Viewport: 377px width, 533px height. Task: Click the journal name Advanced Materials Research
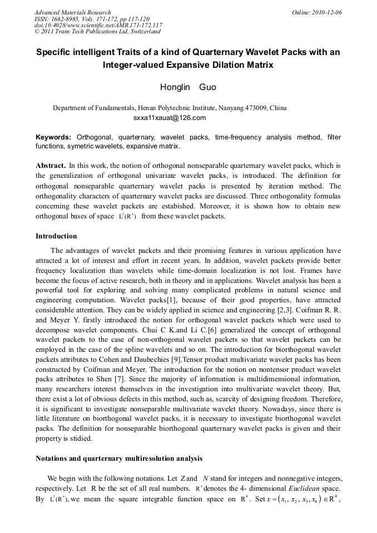tap(72, 12)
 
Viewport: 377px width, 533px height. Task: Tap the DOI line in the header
tap(98, 25)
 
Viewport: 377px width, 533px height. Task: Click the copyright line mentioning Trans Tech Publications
tap(97, 32)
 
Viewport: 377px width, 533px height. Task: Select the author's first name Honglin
tap(175, 87)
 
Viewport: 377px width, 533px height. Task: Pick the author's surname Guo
tap(208, 87)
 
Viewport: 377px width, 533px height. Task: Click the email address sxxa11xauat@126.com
tap(170, 118)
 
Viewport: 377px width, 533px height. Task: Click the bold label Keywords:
tap(53, 137)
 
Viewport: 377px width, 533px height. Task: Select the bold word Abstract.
tap(51, 166)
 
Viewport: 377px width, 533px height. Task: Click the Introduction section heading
tap(56, 236)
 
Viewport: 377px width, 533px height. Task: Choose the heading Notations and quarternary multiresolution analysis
tap(119, 459)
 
